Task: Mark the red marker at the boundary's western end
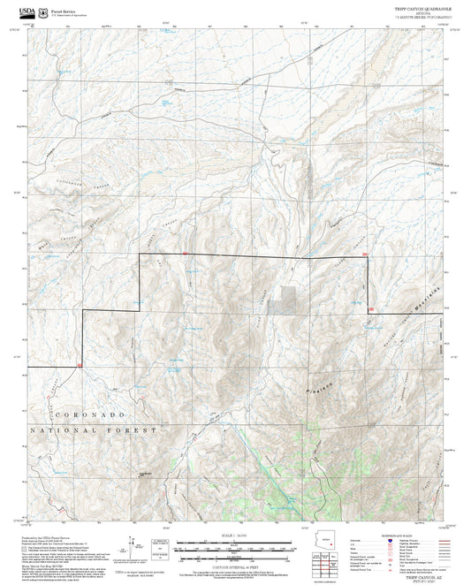pyautogui.click(x=80, y=365)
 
